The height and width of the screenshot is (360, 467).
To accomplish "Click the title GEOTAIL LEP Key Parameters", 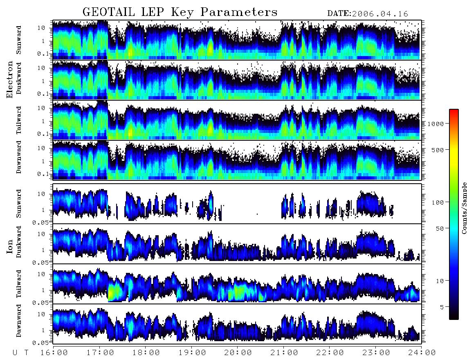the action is point(180,12).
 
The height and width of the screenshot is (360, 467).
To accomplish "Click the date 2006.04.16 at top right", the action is point(380,14).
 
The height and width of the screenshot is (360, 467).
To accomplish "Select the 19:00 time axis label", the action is point(192,353).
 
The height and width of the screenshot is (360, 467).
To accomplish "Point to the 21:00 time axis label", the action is point(284,353).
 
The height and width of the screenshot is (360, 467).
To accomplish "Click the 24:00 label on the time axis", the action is point(422,353).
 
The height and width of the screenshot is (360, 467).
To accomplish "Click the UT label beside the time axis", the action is point(21,353).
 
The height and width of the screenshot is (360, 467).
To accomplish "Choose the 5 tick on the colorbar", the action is point(442,307).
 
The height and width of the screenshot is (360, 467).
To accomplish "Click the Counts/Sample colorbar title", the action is point(464,208).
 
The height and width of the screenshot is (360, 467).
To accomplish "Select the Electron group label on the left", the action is point(10,79).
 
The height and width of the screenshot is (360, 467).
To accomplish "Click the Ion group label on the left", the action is point(10,246).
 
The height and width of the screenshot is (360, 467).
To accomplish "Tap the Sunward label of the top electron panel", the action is point(19,40).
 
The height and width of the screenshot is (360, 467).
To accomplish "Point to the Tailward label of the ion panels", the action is point(19,284).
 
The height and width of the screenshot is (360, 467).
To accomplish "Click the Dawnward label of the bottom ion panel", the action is point(19,320).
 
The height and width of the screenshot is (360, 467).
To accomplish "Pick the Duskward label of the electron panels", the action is point(19,78).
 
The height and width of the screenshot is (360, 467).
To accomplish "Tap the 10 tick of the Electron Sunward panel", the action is point(41,28).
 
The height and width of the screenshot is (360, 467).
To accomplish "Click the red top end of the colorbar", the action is point(454,111).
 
